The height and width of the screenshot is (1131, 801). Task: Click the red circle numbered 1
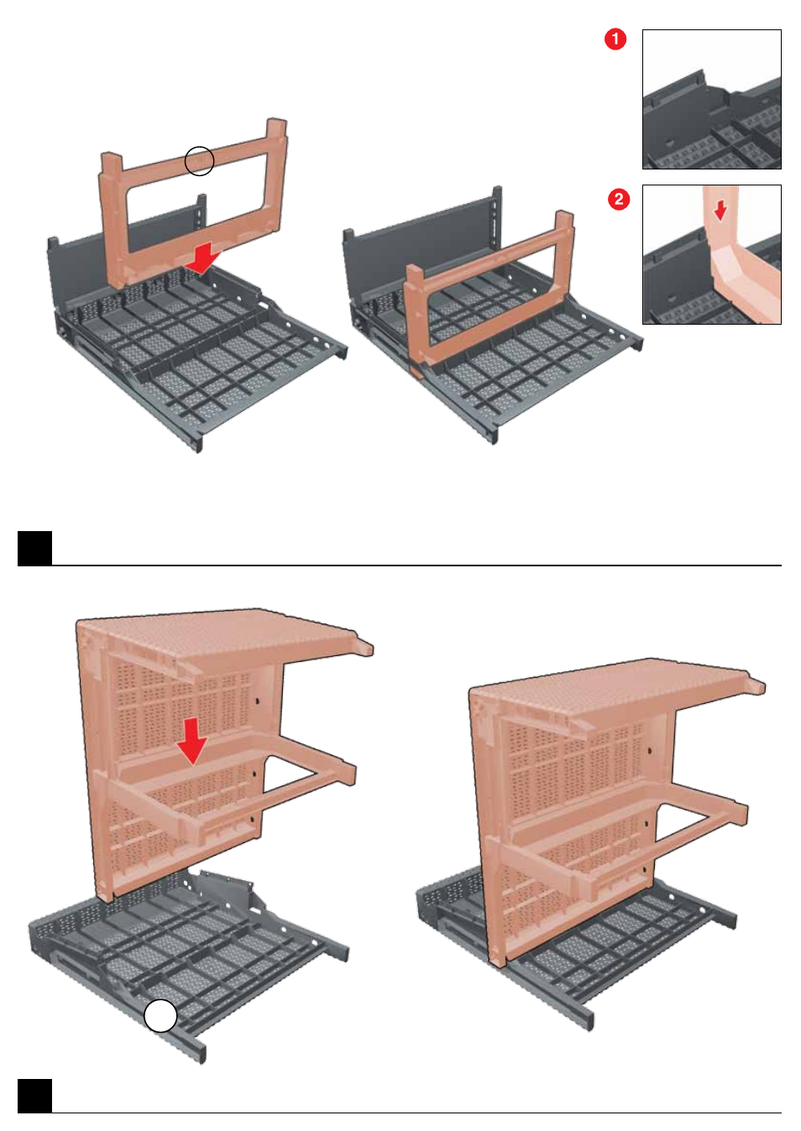(615, 39)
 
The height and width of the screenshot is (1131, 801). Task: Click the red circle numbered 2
(619, 199)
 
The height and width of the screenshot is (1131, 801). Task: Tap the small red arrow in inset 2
(720, 210)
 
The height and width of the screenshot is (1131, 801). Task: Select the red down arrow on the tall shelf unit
(192, 741)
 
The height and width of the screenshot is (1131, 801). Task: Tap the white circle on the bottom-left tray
(160, 1015)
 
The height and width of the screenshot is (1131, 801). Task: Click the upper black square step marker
(35, 548)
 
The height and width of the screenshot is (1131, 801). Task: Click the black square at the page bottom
(35, 1096)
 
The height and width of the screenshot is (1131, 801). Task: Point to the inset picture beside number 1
(711, 99)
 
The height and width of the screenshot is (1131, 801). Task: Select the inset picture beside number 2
(711, 254)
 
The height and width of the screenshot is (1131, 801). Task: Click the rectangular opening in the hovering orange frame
(197, 202)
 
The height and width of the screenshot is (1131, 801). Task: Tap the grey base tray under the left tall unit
(187, 954)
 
